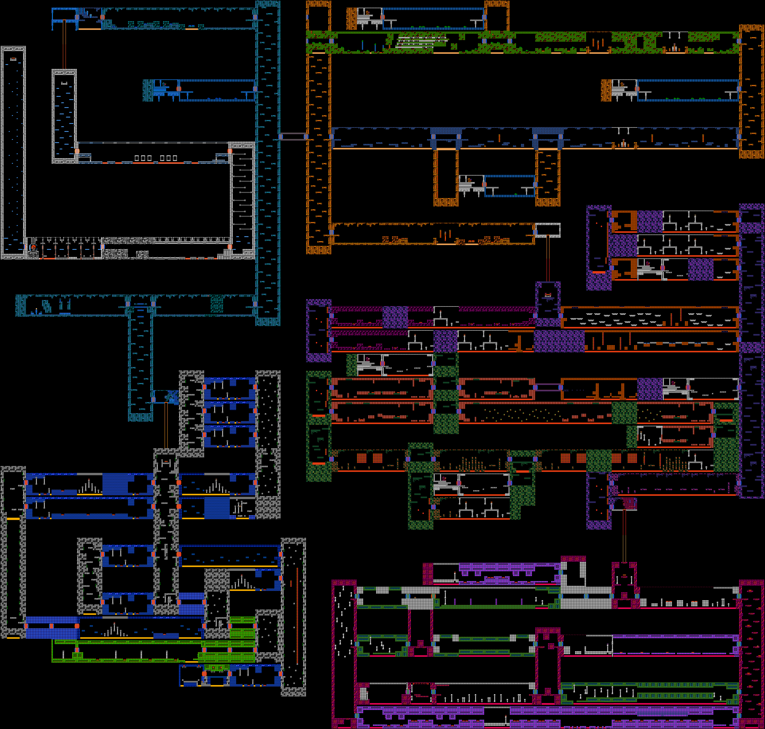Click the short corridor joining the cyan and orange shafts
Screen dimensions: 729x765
[293, 136]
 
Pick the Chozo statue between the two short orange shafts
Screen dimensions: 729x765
[469, 180]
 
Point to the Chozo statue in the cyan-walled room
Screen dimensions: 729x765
[164, 84]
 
